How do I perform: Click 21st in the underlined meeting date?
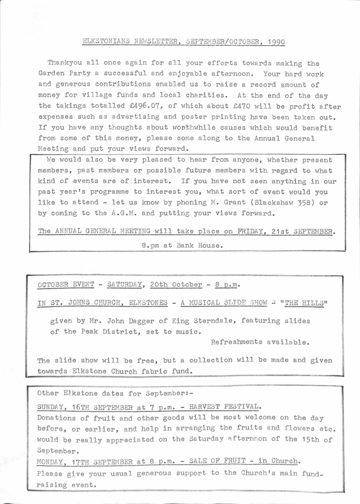[275, 231]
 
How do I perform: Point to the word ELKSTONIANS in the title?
[107, 42]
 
